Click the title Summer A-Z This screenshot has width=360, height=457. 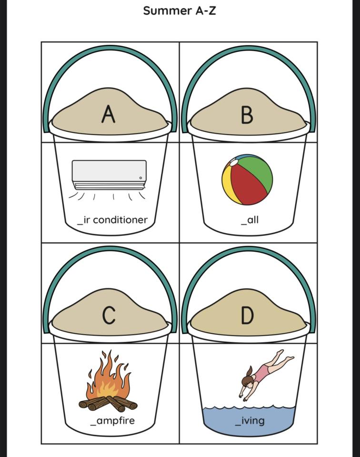coord(180,10)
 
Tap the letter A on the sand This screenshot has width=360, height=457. coord(109,114)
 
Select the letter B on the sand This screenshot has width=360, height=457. coord(247,115)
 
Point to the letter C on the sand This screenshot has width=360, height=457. coord(109,315)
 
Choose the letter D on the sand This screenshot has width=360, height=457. coord(247,315)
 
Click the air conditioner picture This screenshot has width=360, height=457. coord(109,175)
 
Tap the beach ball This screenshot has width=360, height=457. coord(247,179)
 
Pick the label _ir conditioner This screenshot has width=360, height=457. coord(112,220)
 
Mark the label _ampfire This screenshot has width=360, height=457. coord(112,421)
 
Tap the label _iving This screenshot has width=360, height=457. coord(250,421)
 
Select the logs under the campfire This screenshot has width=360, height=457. coord(108,404)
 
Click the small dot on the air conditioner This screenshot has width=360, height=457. coord(140,178)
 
